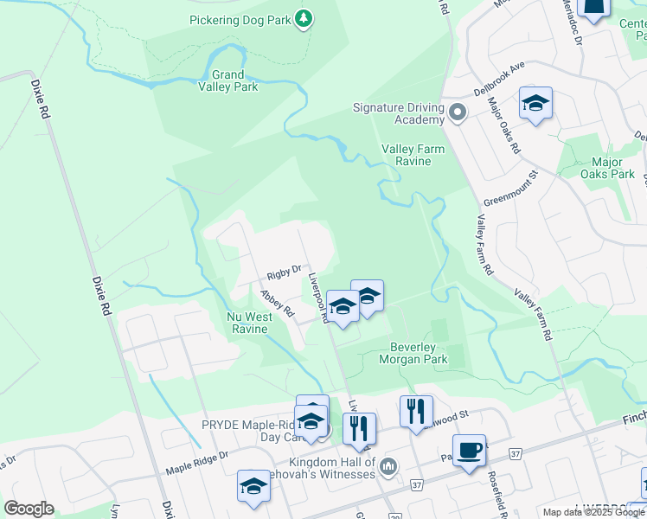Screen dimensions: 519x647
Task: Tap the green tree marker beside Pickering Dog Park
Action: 303,18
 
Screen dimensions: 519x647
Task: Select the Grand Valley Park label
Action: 228,80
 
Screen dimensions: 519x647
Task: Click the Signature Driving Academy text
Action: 398,113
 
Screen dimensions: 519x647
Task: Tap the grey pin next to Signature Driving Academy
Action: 458,112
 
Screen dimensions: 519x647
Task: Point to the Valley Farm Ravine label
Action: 413,155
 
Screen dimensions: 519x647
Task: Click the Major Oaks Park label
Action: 612,168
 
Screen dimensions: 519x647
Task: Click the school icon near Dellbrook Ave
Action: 535,104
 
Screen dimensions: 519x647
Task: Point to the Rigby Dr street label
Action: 283,272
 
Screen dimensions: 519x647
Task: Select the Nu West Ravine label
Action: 249,323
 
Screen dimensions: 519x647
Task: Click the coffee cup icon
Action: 469,450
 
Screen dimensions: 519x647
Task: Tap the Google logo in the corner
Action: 29,508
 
